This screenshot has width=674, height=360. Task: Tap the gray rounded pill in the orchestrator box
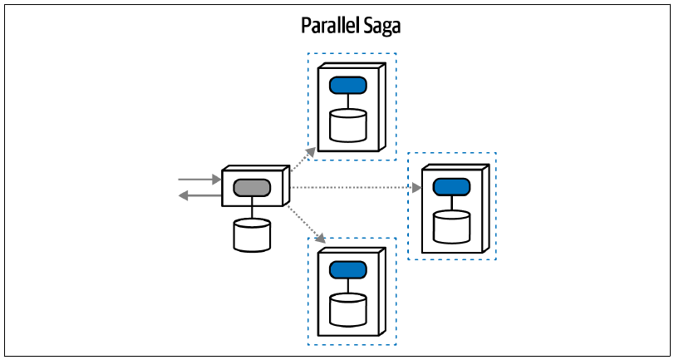pyautogui.click(x=252, y=188)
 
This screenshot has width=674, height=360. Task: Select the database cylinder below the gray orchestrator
pyautogui.click(x=252, y=234)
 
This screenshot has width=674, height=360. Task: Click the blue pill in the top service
pyautogui.click(x=348, y=85)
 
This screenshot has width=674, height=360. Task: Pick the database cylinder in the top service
pyautogui.click(x=348, y=126)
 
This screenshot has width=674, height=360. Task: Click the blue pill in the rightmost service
pyautogui.click(x=451, y=187)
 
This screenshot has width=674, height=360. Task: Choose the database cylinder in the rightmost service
pyautogui.click(x=451, y=227)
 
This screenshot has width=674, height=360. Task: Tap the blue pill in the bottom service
pyautogui.click(x=348, y=269)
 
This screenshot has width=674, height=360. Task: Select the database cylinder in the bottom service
pyautogui.click(x=348, y=309)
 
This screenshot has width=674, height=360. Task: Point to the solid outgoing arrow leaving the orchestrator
pyautogui.click(x=199, y=196)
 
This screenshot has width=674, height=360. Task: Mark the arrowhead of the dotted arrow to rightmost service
pyautogui.click(x=416, y=188)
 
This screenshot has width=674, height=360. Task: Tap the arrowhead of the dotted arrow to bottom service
pyautogui.click(x=319, y=236)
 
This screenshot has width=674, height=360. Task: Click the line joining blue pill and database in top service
pyautogui.click(x=348, y=101)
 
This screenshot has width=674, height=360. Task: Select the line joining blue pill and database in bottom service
pyautogui.click(x=348, y=286)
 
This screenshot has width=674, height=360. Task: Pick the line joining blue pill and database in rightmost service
pyautogui.click(x=451, y=203)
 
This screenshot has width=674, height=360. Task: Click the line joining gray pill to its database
pyautogui.click(x=252, y=208)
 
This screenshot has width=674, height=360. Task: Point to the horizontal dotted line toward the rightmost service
pyautogui.click(x=352, y=188)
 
